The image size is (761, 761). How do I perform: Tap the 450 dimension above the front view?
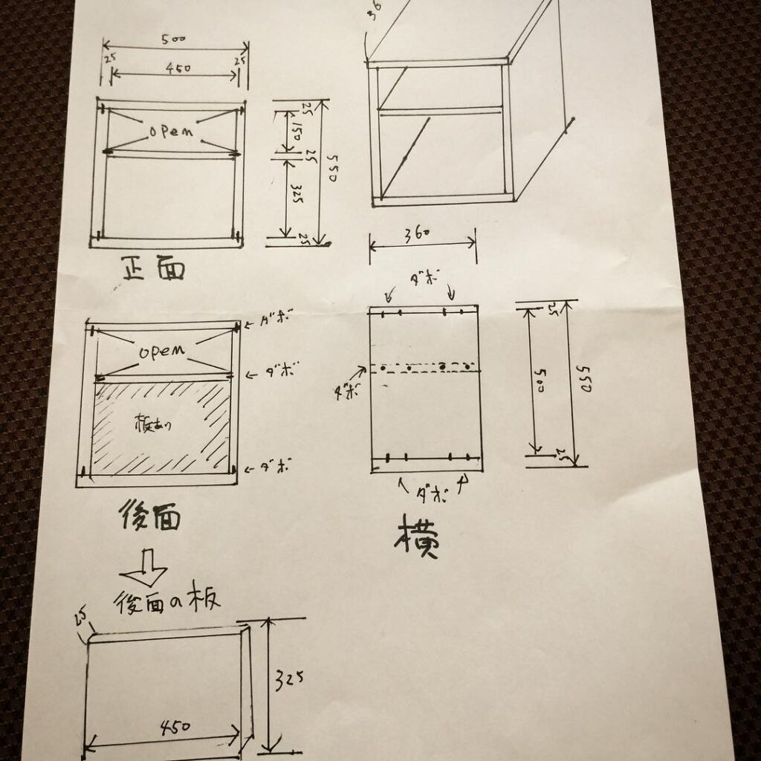tap(178, 68)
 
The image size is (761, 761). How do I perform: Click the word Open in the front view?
tap(171, 131)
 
